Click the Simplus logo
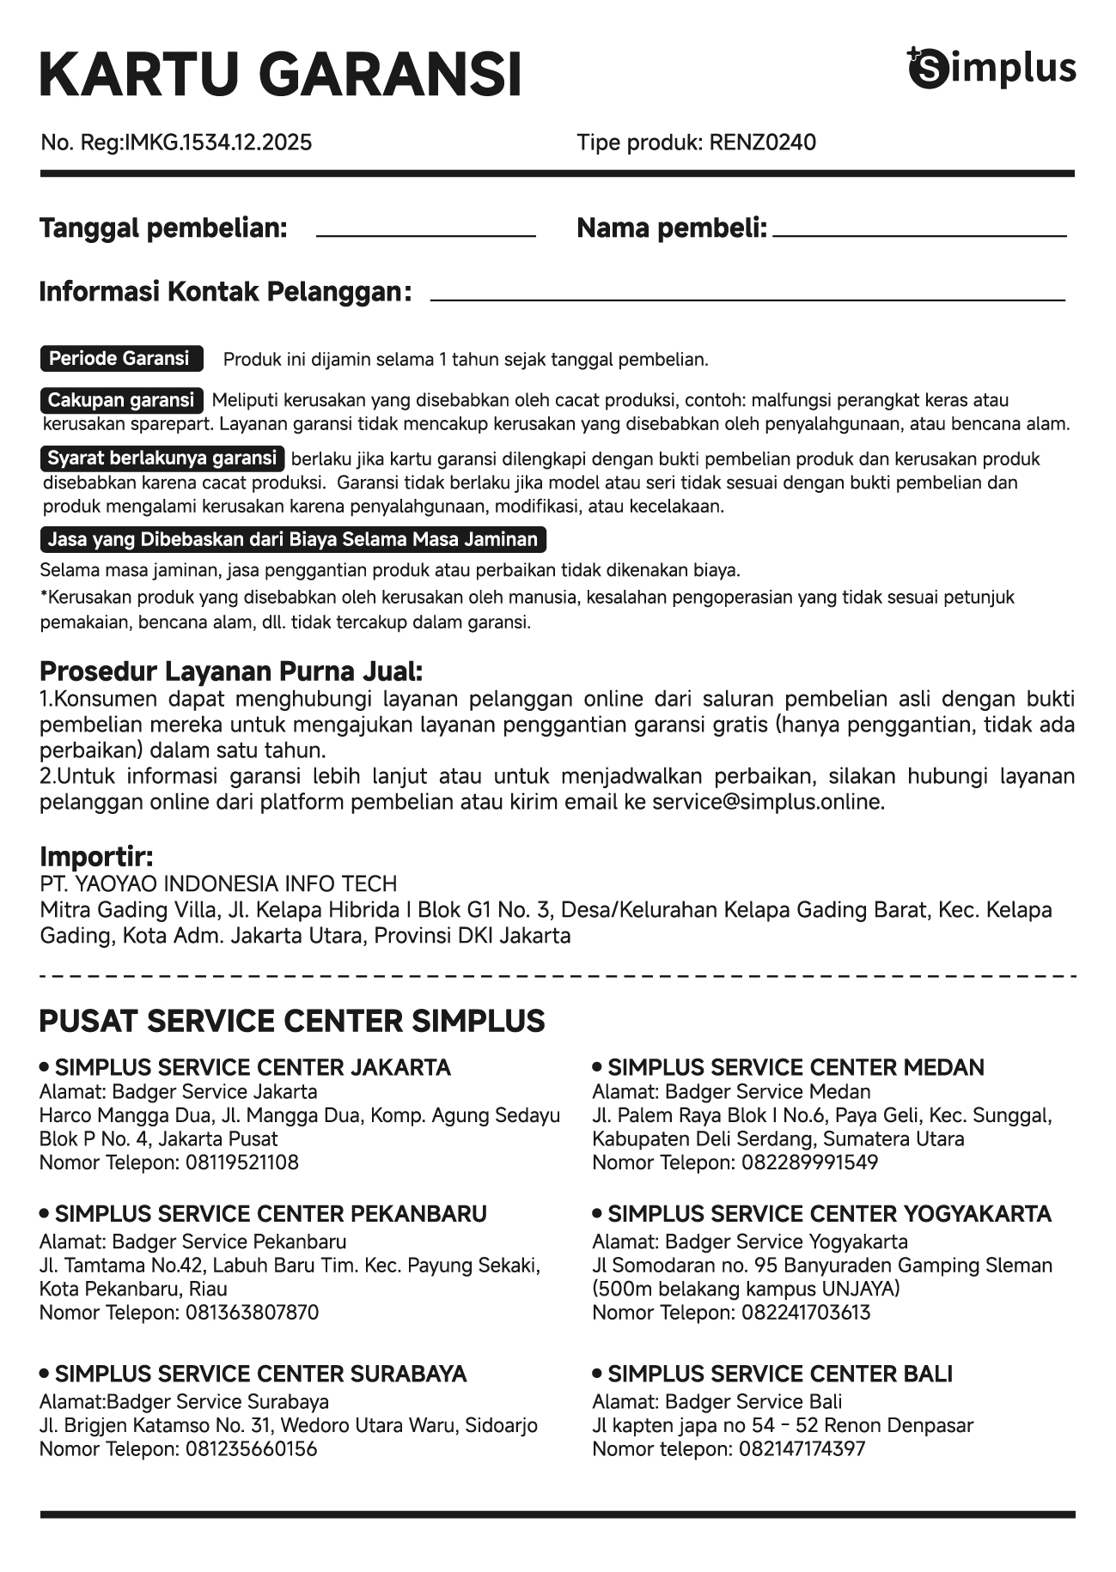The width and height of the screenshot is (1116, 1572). pos(991,69)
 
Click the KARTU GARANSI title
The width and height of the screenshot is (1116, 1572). pos(280,76)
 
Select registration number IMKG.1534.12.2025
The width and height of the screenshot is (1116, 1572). pos(218,143)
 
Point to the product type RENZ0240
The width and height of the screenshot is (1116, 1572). pos(762,143)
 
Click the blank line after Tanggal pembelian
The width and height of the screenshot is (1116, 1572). pos(426,232)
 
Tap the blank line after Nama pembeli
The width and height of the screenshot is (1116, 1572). pos(919,232)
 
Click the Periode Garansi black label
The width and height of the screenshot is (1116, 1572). pos(121,359)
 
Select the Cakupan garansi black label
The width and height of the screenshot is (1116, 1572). pos(121,400)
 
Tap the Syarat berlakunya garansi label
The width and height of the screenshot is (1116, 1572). pos(162,458)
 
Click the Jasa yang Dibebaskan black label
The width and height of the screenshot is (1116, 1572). pos(293,540)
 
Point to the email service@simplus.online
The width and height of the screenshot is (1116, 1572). pos(767,803)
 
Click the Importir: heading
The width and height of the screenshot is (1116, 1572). pos(96,857)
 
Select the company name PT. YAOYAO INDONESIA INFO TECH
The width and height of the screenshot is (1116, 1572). pos(218,884)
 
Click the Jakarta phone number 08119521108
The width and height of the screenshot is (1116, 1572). pos(242,1163)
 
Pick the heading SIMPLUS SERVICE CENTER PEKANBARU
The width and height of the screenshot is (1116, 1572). pos(271,1214)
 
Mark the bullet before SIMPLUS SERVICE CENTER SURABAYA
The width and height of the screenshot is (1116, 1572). pos(45,1374)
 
